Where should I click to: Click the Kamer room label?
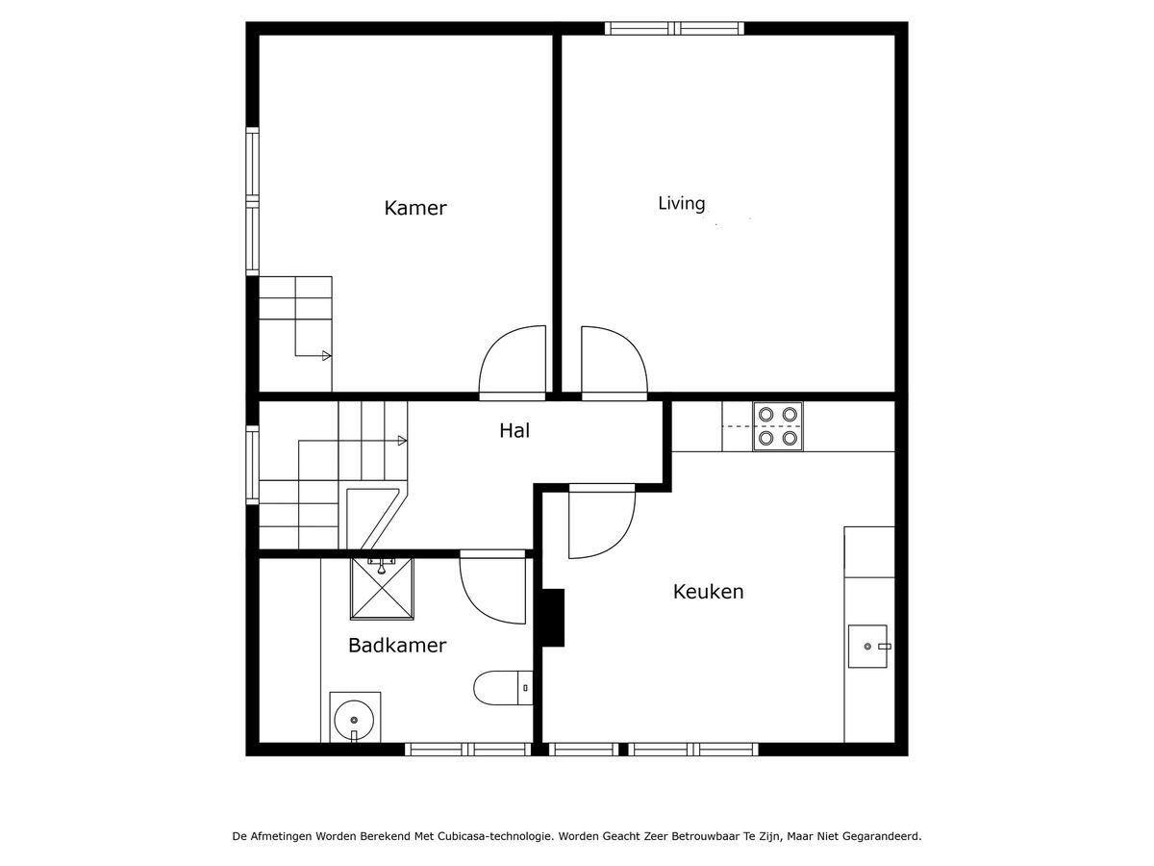click(x=414, y=208)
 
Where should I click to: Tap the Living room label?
click(x=682, y=203)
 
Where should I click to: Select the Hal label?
click(x=514, y=431)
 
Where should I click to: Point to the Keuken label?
click(x=708, y=592)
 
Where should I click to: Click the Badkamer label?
click(x=397, y=645)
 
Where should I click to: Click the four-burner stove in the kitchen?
click(x=778, y=426)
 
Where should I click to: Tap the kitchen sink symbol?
click(x=868, y=647)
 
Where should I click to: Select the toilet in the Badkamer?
click(x=503, y=688)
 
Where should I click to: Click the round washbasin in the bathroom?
click(x=354, y=720)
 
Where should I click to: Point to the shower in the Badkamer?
click(x=382, y=589)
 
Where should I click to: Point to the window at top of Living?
click(x=674, y=29)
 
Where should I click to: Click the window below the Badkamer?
click(x=468, y=750)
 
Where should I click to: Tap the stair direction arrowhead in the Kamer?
click(x=326, y=356)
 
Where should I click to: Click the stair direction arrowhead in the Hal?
click(x=402, y=441)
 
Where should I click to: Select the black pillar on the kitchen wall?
click(x=553, y=618)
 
